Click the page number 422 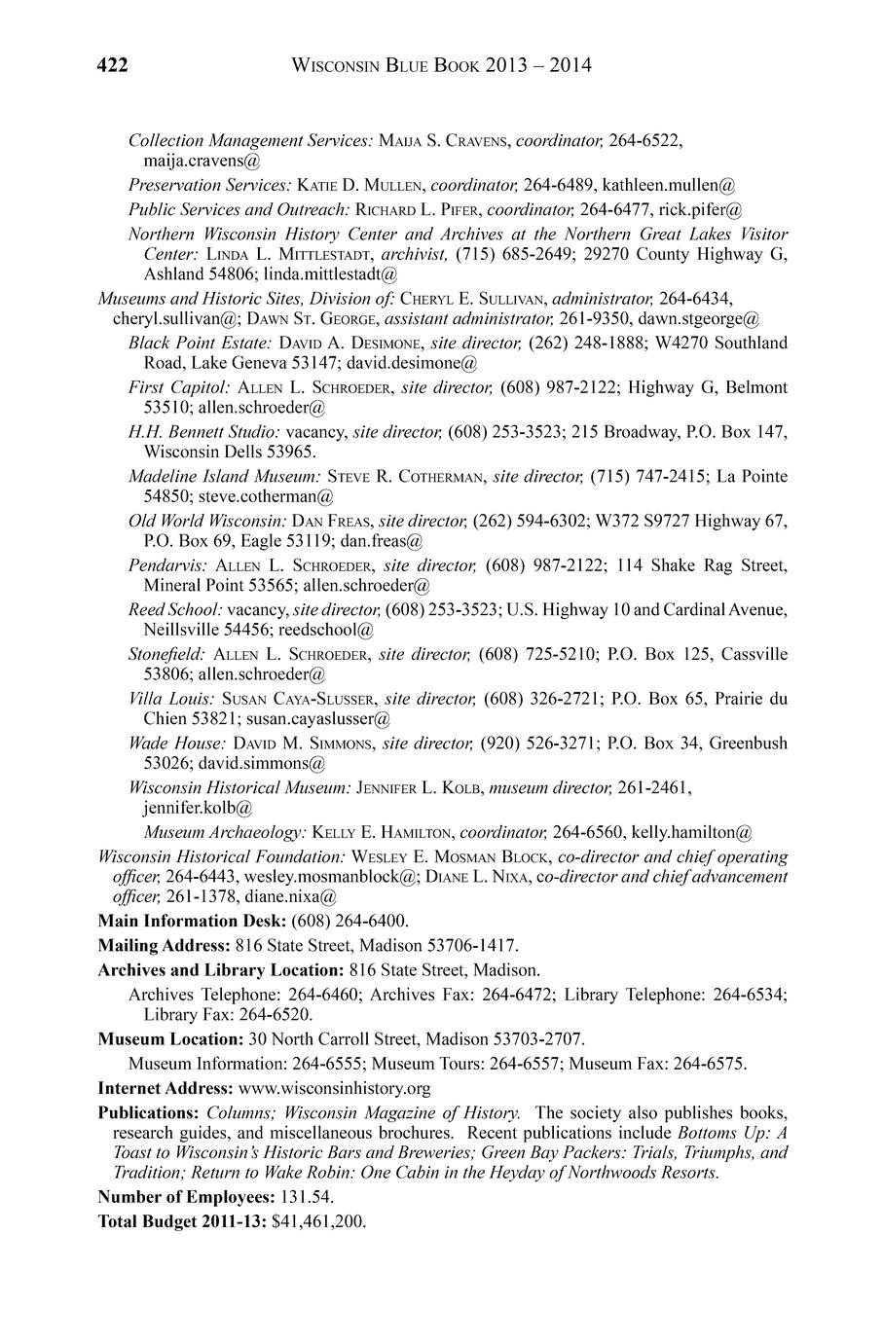(113, 66)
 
